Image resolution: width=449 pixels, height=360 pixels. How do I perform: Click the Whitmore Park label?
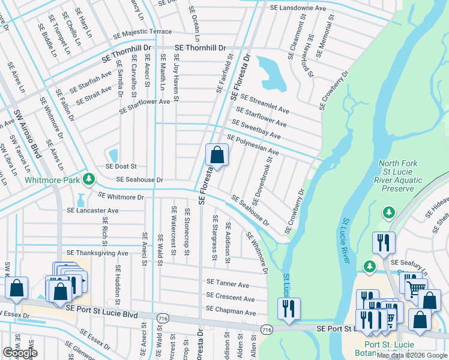tap(53, 179)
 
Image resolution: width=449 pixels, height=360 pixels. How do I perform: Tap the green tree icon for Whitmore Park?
tap(89, 179)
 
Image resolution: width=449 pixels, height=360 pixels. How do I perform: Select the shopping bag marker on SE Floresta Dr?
tap(217, 156)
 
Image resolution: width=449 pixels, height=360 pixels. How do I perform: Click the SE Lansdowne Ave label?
tap(298, 8)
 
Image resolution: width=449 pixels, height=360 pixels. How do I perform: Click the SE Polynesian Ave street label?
tap(253, 145)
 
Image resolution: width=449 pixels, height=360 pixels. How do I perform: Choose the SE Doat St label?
tap(122, 166)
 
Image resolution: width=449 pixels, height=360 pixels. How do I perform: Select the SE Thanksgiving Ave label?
tap(98, 253)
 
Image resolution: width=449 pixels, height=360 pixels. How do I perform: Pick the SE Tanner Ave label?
tap(228, 284)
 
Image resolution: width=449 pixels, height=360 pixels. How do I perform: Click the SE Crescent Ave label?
tap(231, 298)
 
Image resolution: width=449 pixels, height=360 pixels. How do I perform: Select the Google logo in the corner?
tap(20, 353)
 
